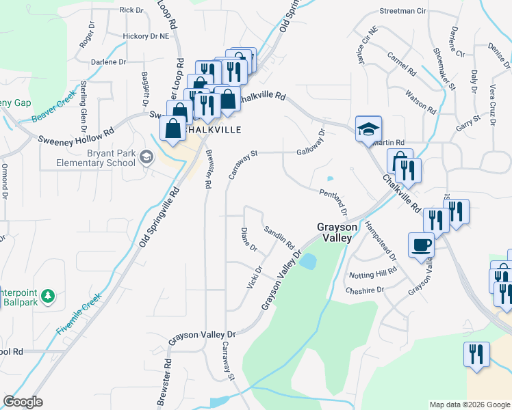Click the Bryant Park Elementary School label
point(96,159)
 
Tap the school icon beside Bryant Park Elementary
point(146,158)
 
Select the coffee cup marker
point(420,244)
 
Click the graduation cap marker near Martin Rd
point(368,128)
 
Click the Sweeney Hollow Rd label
point(75,136)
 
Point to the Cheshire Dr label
point(366,290)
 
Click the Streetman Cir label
point(402,12)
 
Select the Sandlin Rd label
point(279,236)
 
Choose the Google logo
point(23,402)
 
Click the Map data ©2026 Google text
point(469,405)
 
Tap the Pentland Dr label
point(335,204)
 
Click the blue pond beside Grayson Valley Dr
point(308,261)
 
